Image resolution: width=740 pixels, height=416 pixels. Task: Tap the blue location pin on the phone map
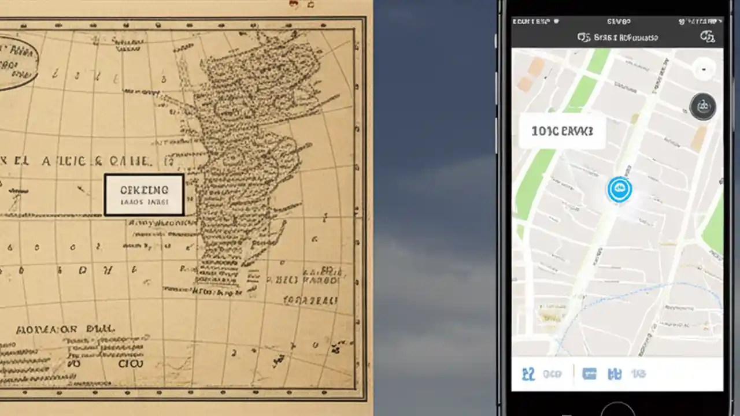click(619, 190)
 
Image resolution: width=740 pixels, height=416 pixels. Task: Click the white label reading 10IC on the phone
click(562, 131)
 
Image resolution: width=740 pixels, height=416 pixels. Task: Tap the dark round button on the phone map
click(703, 106)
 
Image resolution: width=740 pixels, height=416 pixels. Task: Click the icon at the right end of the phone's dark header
click(707, 37)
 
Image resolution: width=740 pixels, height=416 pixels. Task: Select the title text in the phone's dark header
click(617, 38)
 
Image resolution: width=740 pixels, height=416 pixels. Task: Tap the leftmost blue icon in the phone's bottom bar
click(528, 374)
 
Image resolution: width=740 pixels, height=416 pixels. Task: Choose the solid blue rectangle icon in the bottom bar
click(589, 374)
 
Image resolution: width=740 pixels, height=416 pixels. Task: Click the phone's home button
click(617, 409)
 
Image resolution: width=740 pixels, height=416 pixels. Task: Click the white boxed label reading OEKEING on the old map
click(144, 195)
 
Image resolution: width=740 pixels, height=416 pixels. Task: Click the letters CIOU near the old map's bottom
click(130, 364)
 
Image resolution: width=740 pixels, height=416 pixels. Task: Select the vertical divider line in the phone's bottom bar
click(573, 374)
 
